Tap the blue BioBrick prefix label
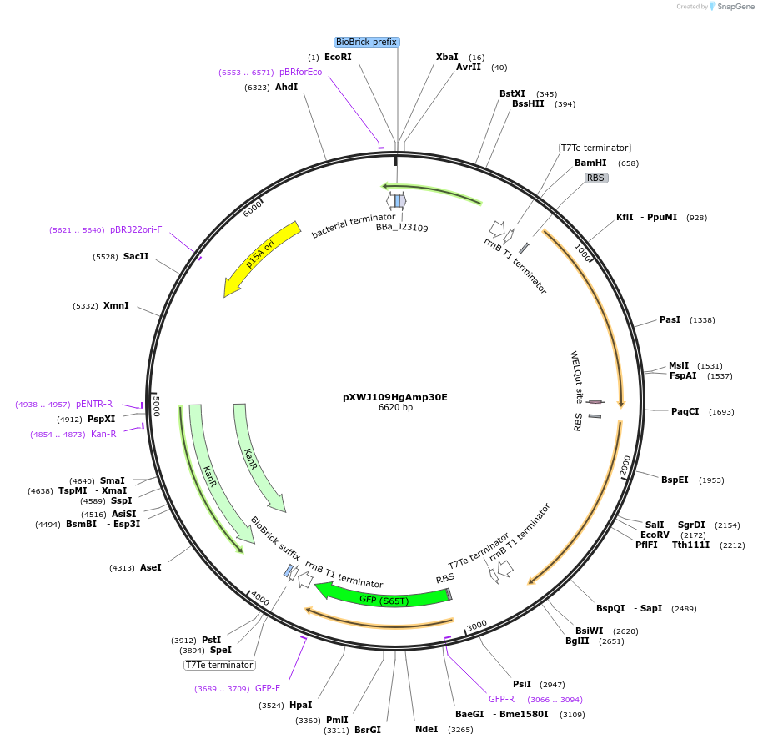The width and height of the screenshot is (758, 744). coord(367,42)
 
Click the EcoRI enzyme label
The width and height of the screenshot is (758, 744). coord(338,57)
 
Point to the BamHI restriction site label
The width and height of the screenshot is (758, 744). coord(590,163)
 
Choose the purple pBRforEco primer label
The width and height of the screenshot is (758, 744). coord(301,72)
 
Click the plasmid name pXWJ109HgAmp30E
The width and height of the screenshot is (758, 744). coord(395,397)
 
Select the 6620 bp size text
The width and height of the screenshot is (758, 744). coord(395,408)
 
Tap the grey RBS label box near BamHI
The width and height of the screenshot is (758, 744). coord(595,178)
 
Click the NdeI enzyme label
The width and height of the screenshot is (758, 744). coord(426,729)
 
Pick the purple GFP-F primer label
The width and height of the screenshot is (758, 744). coord(268,688)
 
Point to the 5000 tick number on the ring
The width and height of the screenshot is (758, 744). coord(156,406)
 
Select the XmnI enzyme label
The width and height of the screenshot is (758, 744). coord(116,306)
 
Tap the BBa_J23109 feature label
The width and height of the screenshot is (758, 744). coord(402,227)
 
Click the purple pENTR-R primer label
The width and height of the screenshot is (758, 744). coord(94,404)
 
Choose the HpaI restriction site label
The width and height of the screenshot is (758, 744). coord(301,705)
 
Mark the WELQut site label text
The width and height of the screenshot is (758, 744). coord(576,377)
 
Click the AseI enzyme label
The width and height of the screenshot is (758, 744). coord(151,567)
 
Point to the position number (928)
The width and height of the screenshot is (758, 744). coord(696,218)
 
